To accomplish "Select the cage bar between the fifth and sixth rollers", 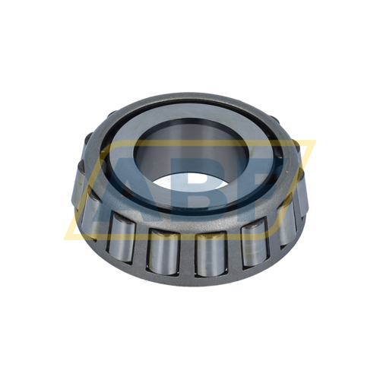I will click(271, 237).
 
